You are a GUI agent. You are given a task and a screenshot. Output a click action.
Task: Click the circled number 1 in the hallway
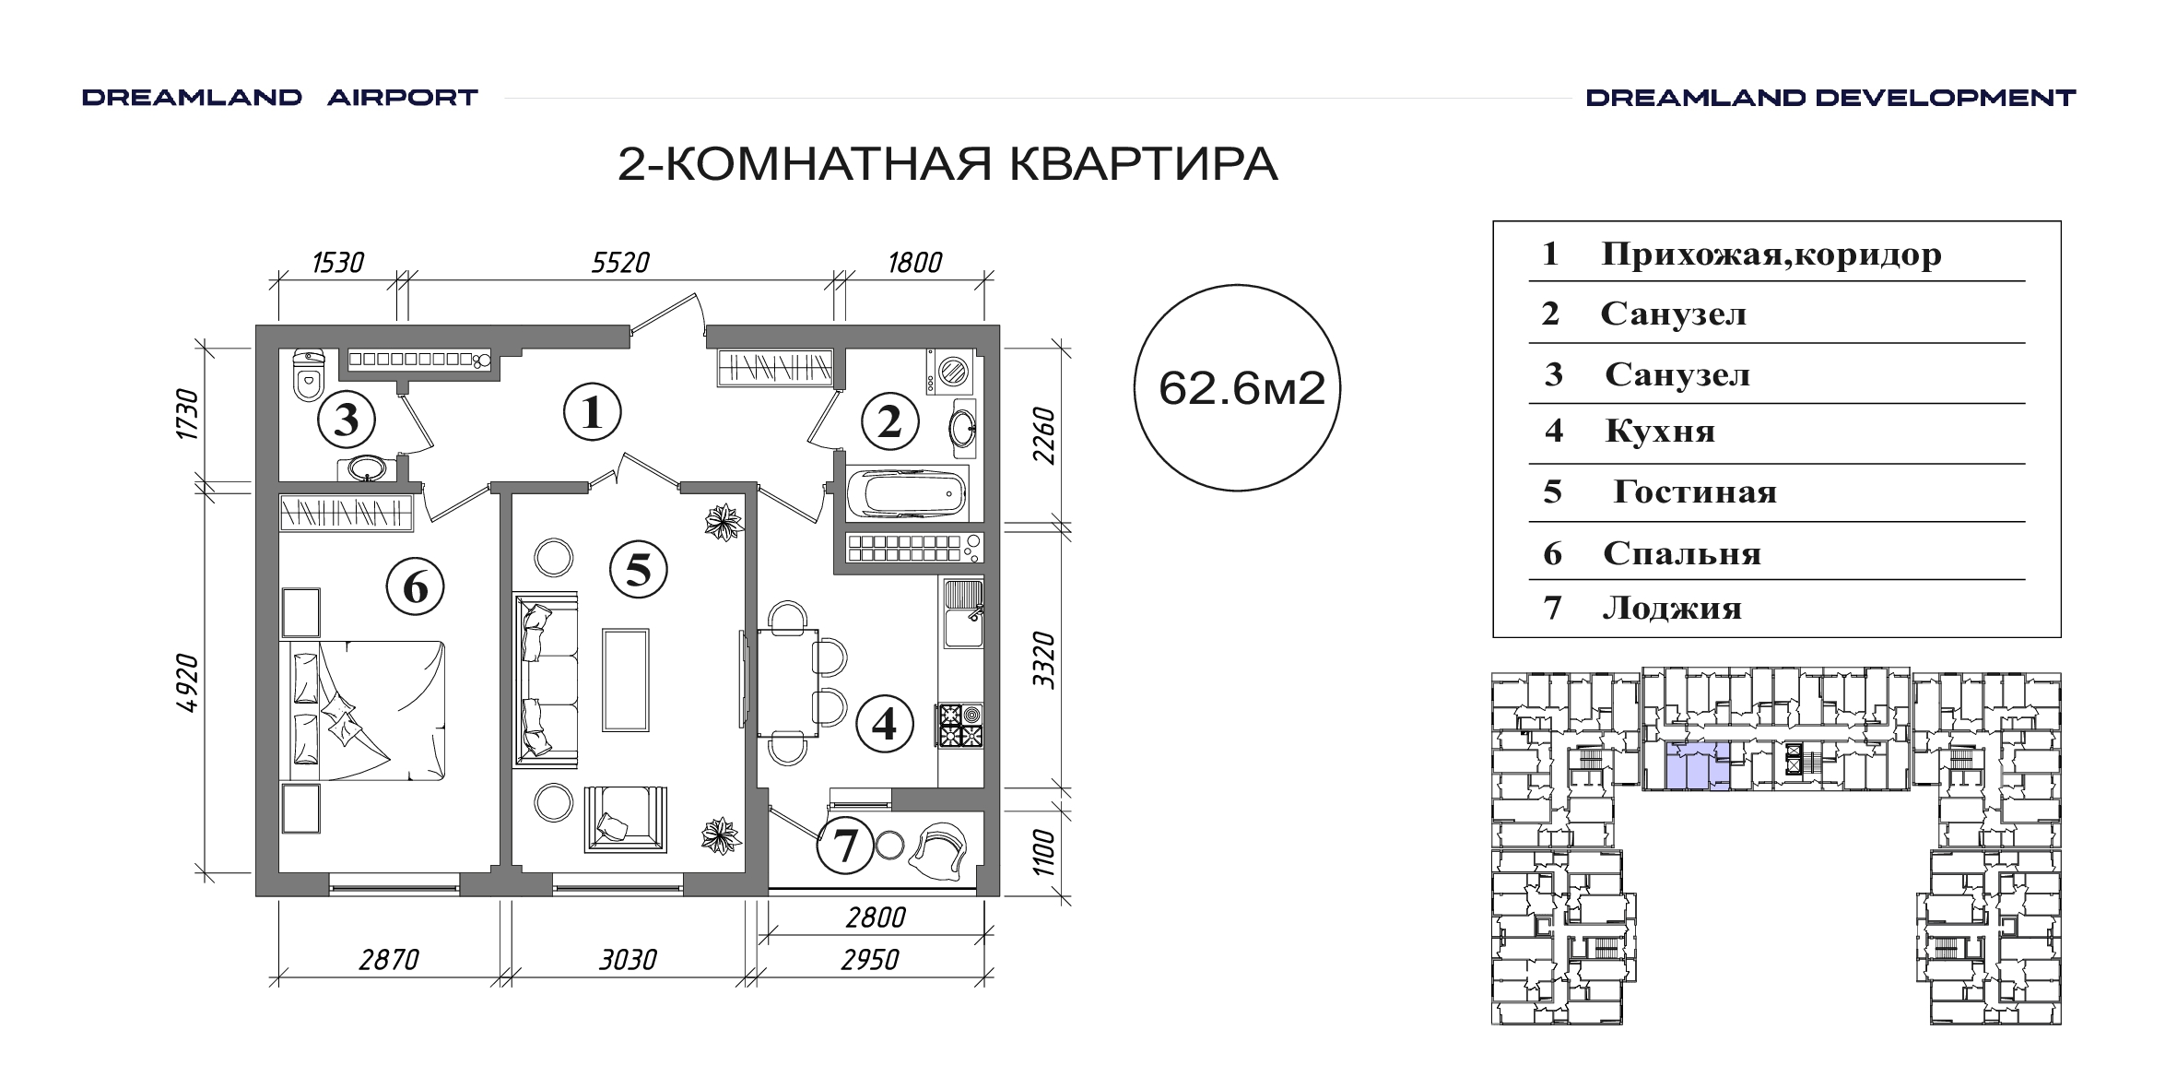coord(592,413)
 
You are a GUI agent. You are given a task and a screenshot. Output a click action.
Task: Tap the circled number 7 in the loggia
coord(845,846)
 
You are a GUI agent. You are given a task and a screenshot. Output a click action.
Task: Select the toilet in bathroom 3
coord(308,377)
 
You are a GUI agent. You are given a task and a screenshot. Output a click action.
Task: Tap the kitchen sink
coord(962,613)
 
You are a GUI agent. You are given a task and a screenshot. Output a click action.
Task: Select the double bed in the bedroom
coord(361,711)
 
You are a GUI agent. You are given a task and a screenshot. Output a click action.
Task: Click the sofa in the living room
coord(547,679)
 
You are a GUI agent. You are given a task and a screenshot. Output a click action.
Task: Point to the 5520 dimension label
coord(621,263)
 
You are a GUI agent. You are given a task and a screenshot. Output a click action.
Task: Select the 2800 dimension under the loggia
coord(876,917)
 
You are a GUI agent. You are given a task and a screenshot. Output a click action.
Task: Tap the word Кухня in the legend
coord(1660,432)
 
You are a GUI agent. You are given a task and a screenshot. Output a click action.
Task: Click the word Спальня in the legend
coord(1682,553)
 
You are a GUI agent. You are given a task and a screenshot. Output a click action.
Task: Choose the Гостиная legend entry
coord(1694,491)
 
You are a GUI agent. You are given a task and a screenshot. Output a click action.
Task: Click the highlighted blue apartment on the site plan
coord(1698,767)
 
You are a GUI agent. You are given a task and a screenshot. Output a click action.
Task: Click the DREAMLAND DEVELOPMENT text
coord(1830,98)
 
